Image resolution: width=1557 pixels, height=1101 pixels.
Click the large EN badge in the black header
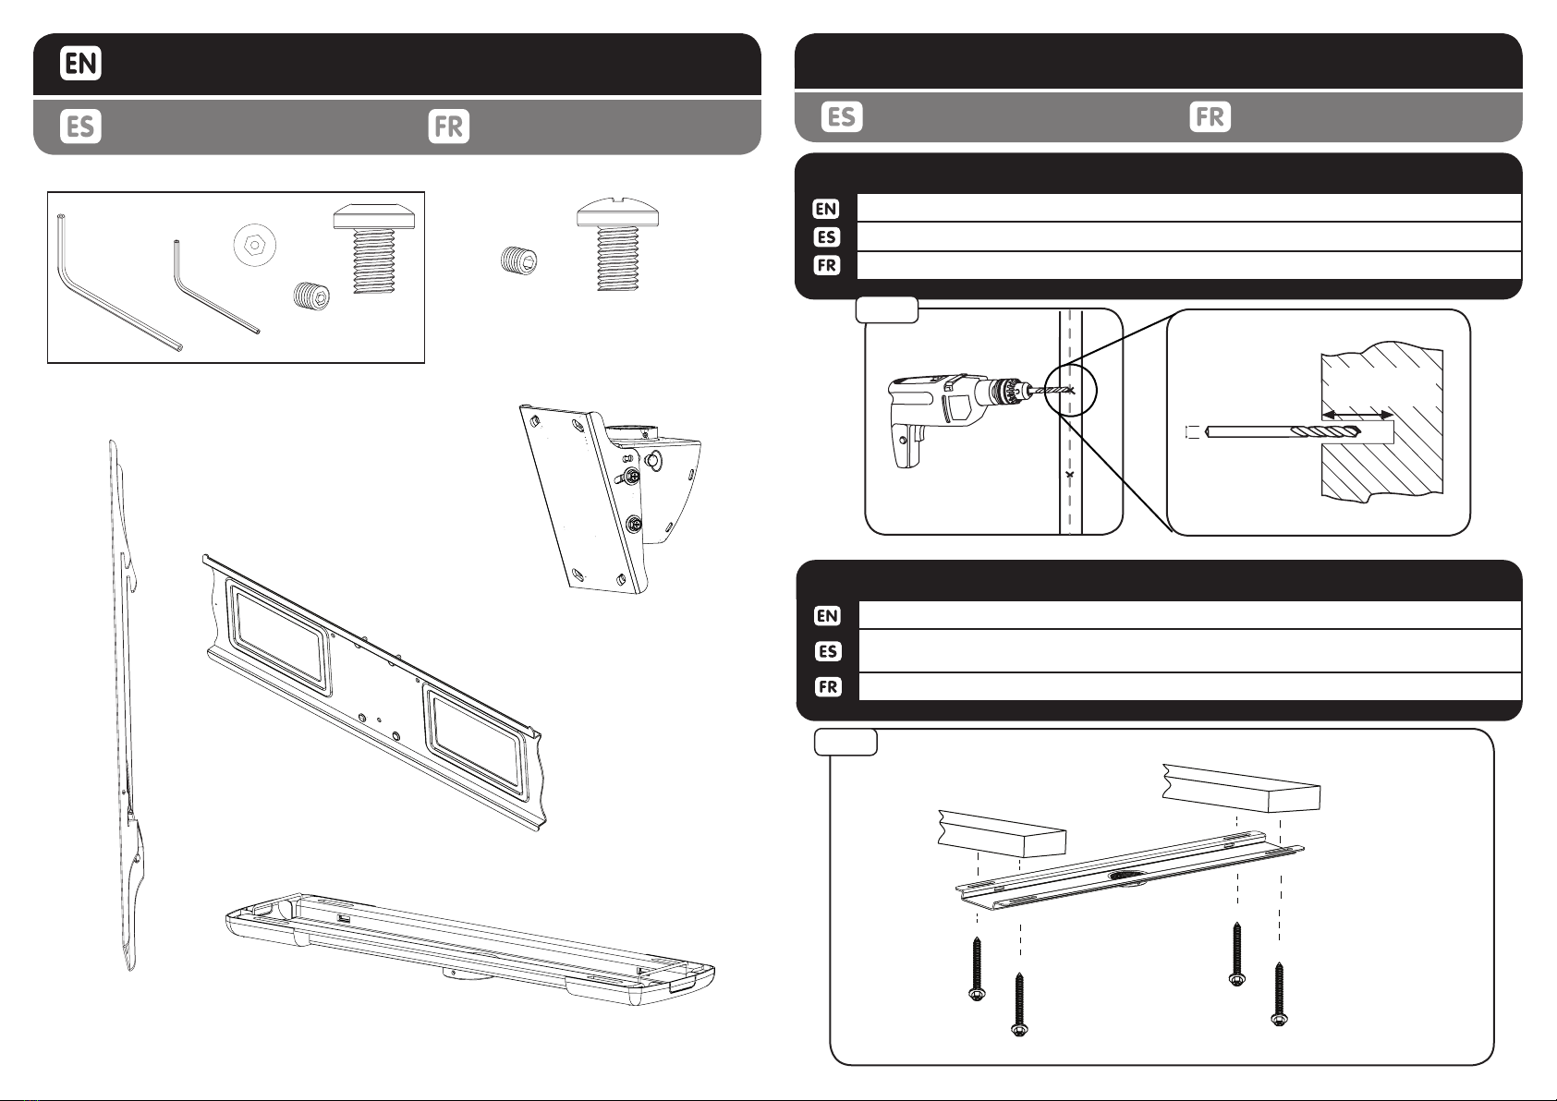click(80, 63)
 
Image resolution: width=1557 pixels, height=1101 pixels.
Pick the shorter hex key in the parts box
click(216, 287)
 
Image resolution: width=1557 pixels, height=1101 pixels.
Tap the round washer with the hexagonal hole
click(254, 245)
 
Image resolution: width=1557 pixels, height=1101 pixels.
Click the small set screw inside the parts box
click(311, 296)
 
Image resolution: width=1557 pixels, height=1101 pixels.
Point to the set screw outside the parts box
click(518, 260)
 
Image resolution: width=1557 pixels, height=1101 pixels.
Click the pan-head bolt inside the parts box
click(374, 248)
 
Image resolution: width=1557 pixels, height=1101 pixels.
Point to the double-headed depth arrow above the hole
click(1357, 416)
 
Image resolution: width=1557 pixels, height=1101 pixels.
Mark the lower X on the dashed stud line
click(1070, 475)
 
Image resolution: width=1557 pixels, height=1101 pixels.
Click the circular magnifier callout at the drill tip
click(1069, 391)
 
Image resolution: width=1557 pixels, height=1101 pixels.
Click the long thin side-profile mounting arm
click(127, 705)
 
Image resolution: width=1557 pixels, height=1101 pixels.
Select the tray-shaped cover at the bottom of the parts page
click(470, 950)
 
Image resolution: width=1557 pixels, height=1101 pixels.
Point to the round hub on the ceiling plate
click(1127, 877)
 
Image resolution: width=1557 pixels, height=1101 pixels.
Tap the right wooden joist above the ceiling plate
click(1241, 788)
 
